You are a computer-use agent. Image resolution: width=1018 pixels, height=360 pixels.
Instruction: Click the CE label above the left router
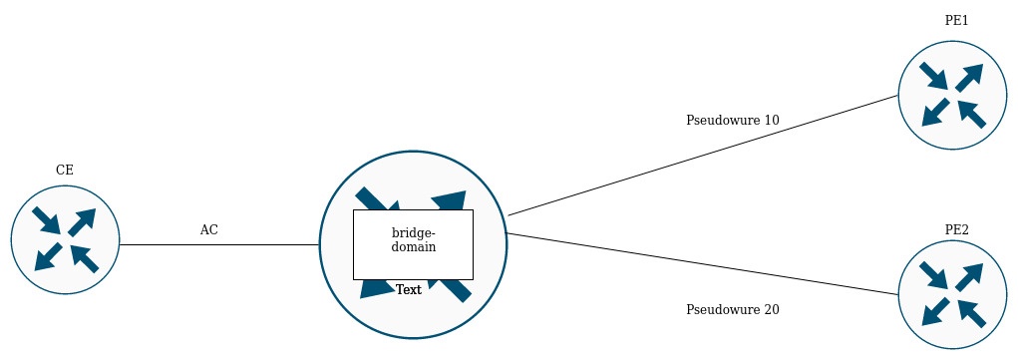coord(64,171)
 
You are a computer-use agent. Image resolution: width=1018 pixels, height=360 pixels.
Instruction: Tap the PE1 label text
coord(956,20)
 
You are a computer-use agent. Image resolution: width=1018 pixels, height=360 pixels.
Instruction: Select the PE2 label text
coord(957,230)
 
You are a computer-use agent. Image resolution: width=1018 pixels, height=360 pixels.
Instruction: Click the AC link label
coord(209,230)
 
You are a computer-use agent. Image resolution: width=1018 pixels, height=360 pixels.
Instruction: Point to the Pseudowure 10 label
coord(732,121)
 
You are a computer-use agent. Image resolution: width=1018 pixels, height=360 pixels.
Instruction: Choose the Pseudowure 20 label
coord(732,310)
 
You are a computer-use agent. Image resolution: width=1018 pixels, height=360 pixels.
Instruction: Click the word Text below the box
coord(409,290)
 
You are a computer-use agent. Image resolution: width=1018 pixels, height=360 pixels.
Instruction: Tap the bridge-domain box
coord(413,244)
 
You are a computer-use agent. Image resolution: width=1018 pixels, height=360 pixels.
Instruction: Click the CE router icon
coord(65,239)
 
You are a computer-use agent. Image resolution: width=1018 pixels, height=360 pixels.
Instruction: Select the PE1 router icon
coord(952,96)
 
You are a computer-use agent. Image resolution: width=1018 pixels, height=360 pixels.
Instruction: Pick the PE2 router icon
coord(952,294)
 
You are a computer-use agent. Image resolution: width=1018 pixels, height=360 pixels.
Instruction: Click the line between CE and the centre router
coord(219,245)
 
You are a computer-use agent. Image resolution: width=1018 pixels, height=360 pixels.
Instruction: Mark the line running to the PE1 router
coord(703,156)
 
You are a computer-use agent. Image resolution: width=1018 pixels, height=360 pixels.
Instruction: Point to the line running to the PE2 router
coord(702,264)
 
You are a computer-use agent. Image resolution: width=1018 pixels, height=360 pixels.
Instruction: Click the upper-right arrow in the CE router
coord(82,222)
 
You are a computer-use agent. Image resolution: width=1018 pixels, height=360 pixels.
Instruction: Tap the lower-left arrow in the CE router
coord(48,256)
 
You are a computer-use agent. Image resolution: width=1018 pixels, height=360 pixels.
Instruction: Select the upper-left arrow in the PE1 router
coord(933,76)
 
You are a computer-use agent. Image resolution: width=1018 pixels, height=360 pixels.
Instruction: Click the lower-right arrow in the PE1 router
coord(972,114)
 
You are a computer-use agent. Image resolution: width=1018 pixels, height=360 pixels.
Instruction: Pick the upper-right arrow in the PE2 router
coord(969,277)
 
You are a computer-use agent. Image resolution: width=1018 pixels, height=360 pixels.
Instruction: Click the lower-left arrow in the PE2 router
coord(935,312)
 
